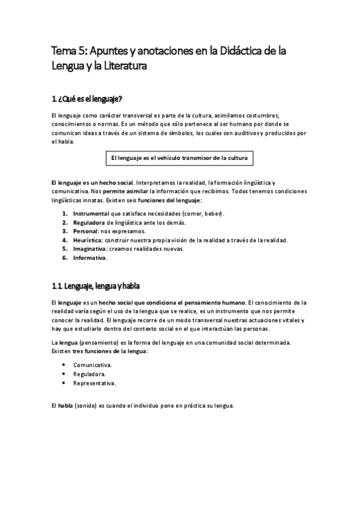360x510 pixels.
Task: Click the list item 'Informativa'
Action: tap(89, 258)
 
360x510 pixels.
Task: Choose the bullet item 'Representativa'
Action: tap(94, 382)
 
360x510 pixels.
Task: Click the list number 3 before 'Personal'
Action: tap(64, 232)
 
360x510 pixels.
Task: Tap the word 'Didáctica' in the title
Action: tap(238, 52)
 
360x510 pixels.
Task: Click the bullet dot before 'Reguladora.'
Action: tap(64, 374)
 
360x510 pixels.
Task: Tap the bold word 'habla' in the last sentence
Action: tap(65, 405)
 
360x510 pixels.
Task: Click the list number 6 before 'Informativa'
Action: tap(64, 258)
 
